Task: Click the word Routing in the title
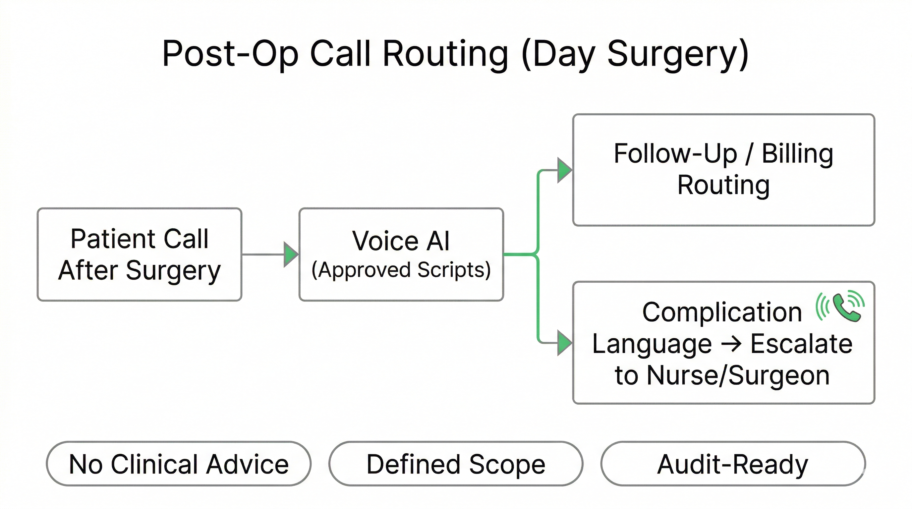click(445, 54)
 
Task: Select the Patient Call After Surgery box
click(140, 254)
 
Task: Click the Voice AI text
click(401, 241)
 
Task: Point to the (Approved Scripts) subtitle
click(401, 270)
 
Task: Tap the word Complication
click(722, 312)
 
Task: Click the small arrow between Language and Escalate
click(731, 344)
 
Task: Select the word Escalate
click(802, 344)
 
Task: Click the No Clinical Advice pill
click(179, 464)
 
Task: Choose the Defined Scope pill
click(456, 464)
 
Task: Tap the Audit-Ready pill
click(733, 464)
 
